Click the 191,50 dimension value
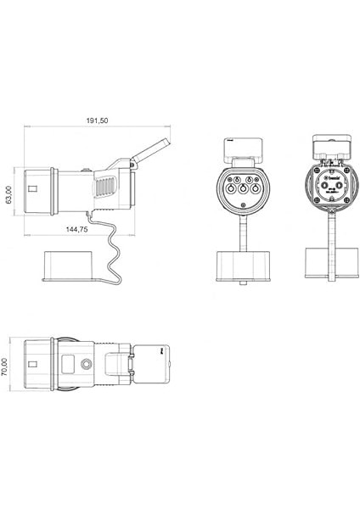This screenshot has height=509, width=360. pos(97,120)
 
